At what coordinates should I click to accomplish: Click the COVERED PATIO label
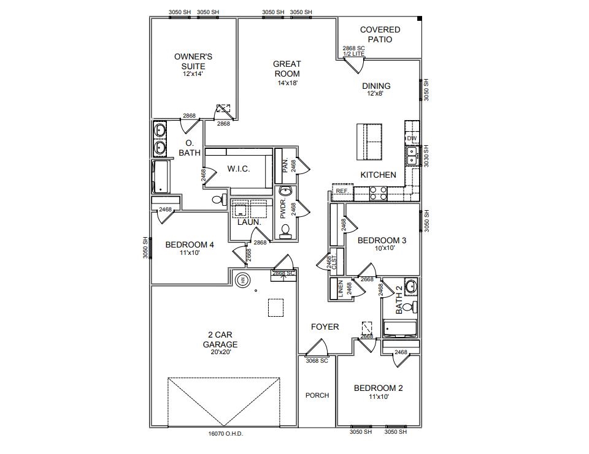click(380, 34)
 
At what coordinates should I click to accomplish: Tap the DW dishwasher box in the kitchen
click(412, 138)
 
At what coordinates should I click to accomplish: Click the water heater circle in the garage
click(242, 280)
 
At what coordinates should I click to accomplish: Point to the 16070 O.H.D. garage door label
click(226, 434)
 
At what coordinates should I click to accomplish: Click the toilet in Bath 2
click(412, 308)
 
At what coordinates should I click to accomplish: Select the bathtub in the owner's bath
click(160, 176)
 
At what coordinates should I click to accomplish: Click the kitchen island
click(369, 142)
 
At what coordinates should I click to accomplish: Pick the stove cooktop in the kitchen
click(378, 193)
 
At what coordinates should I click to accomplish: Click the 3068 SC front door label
click(317, 361)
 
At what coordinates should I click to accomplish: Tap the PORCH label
click(317, 395)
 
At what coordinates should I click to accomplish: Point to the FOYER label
click(325, 327)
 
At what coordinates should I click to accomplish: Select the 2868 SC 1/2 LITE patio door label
click(353, 51)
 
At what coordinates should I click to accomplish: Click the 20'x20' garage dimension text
click(220, 352)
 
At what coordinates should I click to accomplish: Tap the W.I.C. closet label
click(238, 169)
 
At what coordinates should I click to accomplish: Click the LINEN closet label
click(341, 289)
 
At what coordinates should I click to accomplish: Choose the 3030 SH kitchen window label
click(426, 156)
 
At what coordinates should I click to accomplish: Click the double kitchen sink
click(412, 156)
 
